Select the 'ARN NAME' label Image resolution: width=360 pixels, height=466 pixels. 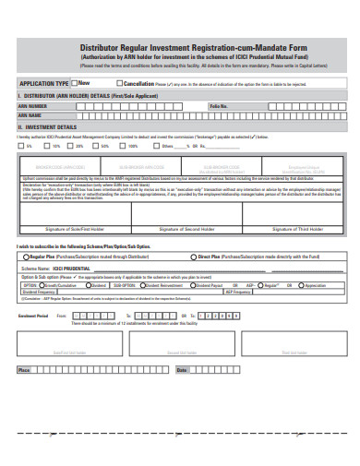31,115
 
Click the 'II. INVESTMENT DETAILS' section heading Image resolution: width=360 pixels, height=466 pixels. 47,127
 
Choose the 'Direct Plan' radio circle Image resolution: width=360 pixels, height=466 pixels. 191,257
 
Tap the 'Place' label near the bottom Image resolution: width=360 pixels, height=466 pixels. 24,370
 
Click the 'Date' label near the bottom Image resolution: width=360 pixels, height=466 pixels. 181,370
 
